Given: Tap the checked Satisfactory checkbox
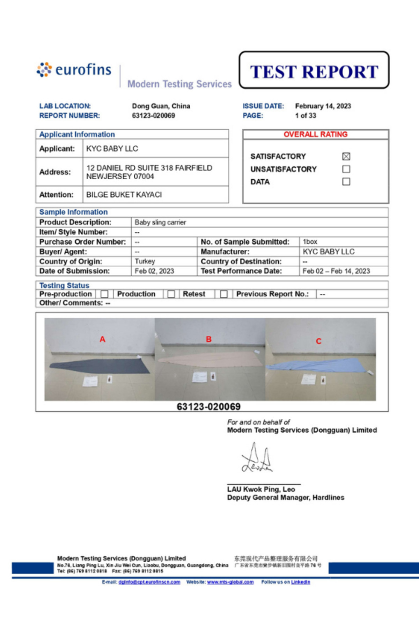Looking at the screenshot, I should tap(346, 156).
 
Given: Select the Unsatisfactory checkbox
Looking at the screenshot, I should tap(346, 169).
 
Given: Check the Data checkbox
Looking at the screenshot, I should tap(346, 182).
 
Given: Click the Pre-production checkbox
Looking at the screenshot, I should tap(104, 294).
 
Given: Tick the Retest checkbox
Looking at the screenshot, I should tap(224, 294).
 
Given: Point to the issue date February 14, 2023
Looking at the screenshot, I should tap(323, 106).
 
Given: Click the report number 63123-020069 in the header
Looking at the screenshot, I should tap(153, 116).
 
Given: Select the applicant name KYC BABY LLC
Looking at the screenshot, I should tap(112, 149).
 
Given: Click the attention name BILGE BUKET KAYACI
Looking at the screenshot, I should tap(124, 195).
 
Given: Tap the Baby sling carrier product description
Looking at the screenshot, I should tap(160, 222).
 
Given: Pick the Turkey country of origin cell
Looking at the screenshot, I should tap(145, 261).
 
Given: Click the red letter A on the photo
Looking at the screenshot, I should tap(102, 339).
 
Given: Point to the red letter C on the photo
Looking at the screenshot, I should tap(318, 341).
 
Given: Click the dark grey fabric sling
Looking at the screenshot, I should tap(101, 366).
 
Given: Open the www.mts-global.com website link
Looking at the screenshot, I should tap(230, 582).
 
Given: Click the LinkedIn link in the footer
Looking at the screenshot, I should tap(301, 582).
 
